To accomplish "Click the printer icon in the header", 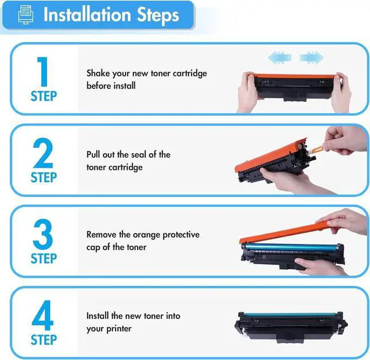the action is [25, 15].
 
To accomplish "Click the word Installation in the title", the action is [87, 14].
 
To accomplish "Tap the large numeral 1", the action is [42, 72].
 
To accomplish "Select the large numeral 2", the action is [43, 153].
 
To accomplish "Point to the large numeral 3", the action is [43, 234].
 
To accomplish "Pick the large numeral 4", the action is [42, 316].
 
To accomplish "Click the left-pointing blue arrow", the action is [279, 58].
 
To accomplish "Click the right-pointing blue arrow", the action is [312, 58].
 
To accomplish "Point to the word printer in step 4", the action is [118, 329].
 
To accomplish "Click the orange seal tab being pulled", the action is [318, 149].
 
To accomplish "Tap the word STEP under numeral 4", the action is [44, 340].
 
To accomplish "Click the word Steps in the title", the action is [158, 16].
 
